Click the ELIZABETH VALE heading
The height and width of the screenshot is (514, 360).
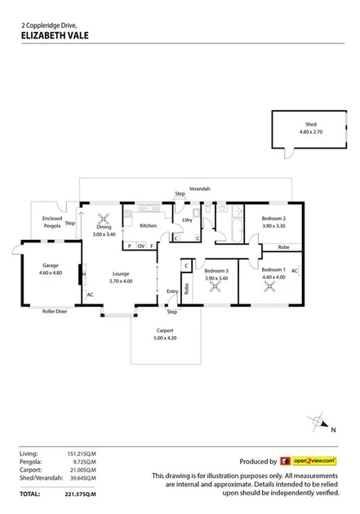pos(54,35)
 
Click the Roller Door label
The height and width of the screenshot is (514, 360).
pos(55,311)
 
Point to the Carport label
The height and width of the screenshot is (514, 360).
pos(166,331)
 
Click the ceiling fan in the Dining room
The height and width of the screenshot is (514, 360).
pos(104,218)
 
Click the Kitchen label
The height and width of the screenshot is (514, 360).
pos(148,225)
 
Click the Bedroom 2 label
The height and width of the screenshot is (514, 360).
pos(273,219)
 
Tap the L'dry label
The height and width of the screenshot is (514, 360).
pos(187,220)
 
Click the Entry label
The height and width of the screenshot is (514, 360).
pos(172,291)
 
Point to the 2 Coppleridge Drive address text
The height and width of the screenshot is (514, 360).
pos(48,25)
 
